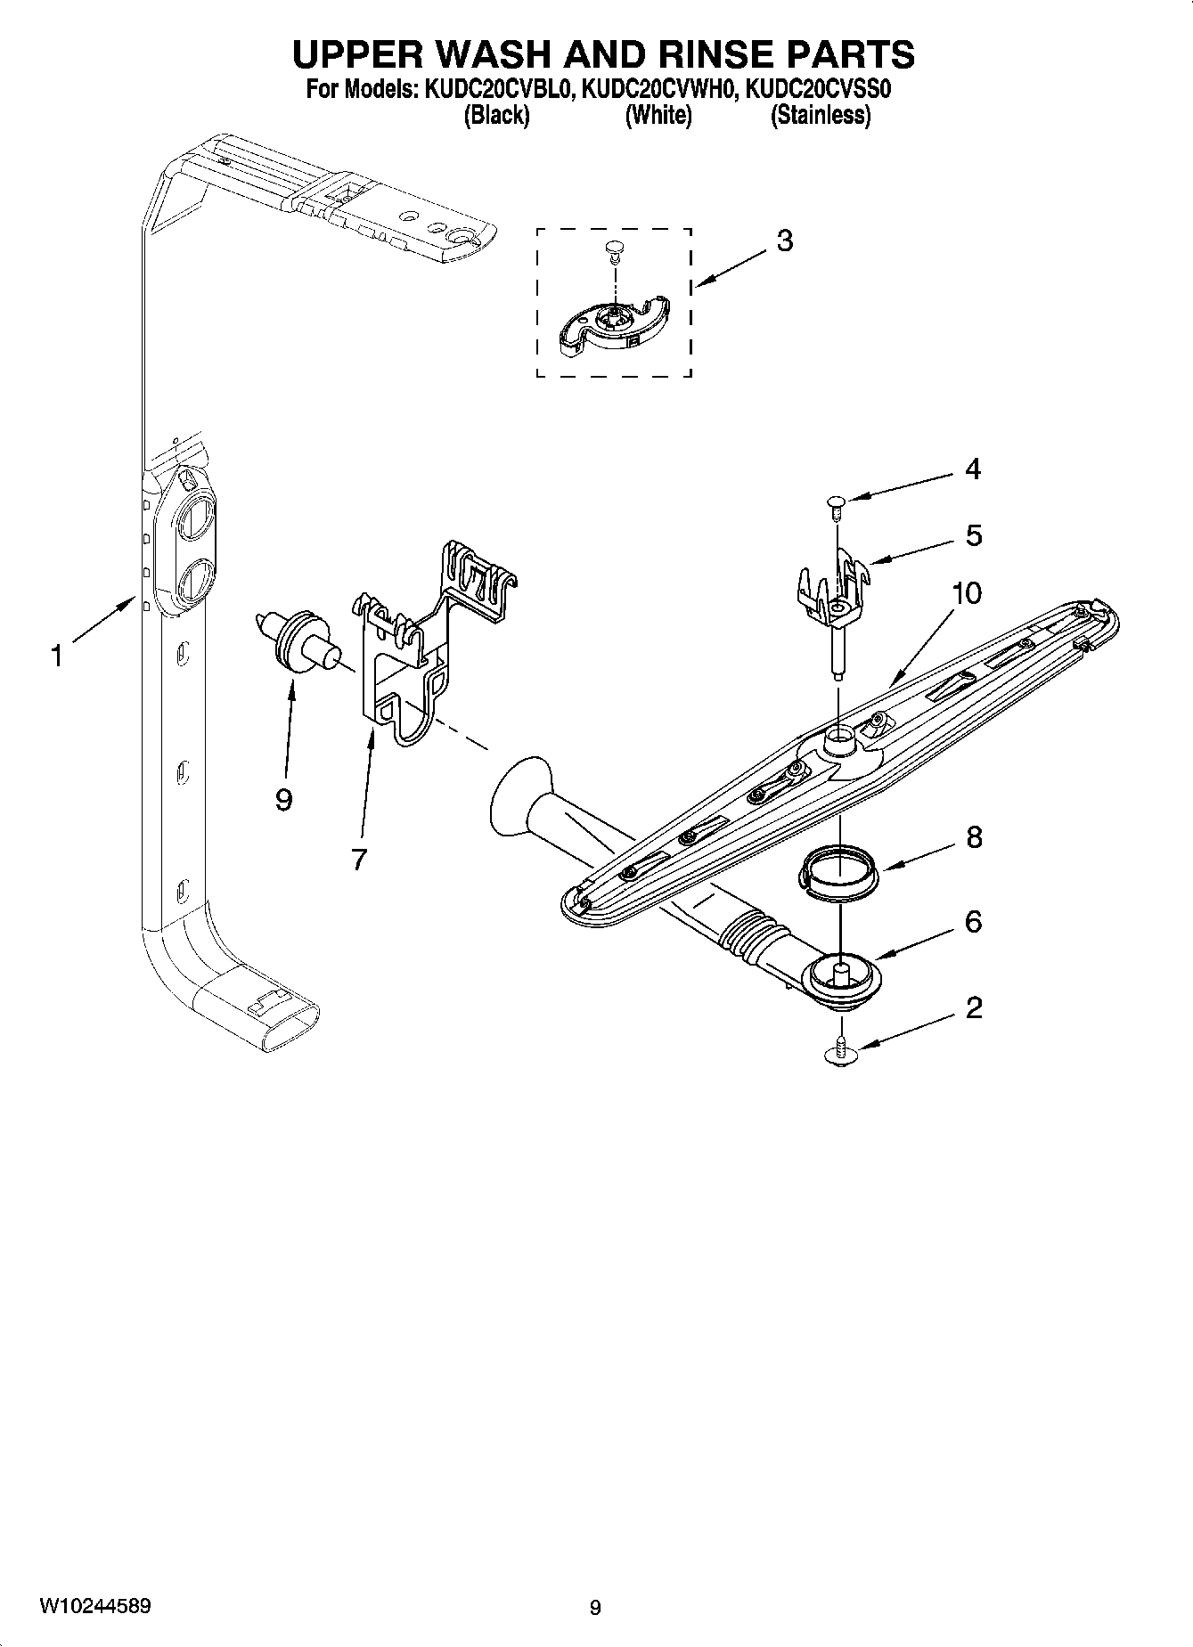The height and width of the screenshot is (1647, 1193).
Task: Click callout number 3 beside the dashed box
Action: click(x=784, y=241)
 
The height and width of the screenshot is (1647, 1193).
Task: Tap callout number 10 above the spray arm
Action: click(x=967, y=592)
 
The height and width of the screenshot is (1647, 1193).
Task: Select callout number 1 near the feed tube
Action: click(x=57, y=657)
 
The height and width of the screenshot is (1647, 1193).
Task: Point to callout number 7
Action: click(x=358, y=860)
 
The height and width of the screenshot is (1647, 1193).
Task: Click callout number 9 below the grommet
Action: click(x=283, y=801)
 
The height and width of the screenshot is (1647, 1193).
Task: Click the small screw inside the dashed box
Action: click(x=612, y=250)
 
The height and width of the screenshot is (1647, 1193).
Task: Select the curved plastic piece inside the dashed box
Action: click(x=615, y=327)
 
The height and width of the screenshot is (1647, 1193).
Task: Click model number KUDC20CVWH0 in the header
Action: click(x=658, y=89)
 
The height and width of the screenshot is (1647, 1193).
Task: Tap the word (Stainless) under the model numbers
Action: click(x=820, y=116)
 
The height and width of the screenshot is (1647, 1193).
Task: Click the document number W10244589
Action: click(x=94, y=1607)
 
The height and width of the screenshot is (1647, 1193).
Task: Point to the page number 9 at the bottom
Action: click(x=595, y=1608)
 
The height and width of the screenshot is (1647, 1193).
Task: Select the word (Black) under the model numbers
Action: click(x=496, y=116)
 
